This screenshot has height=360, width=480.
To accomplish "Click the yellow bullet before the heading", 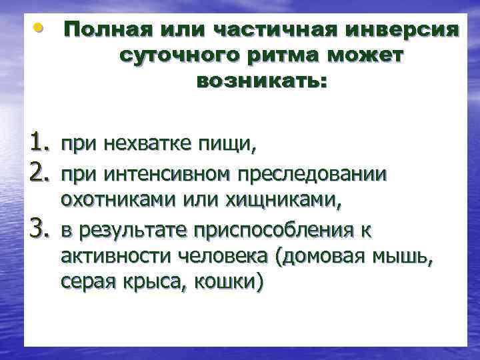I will point(41,27).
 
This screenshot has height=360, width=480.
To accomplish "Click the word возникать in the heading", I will point(261,82).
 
